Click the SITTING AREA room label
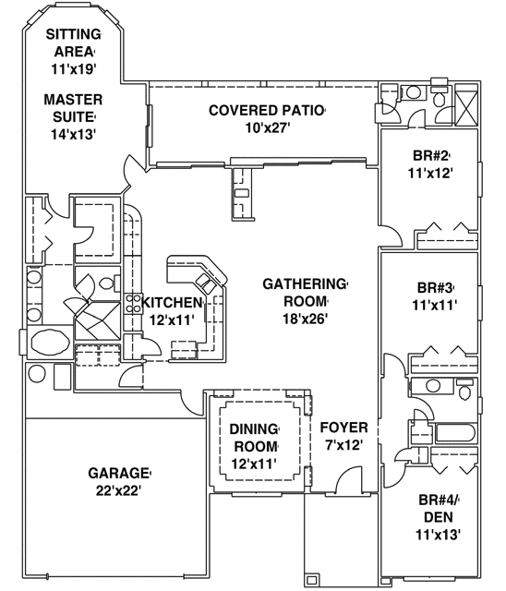coord(74,43)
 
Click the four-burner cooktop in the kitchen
coord(133,305)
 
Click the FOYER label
coord(344,428)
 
